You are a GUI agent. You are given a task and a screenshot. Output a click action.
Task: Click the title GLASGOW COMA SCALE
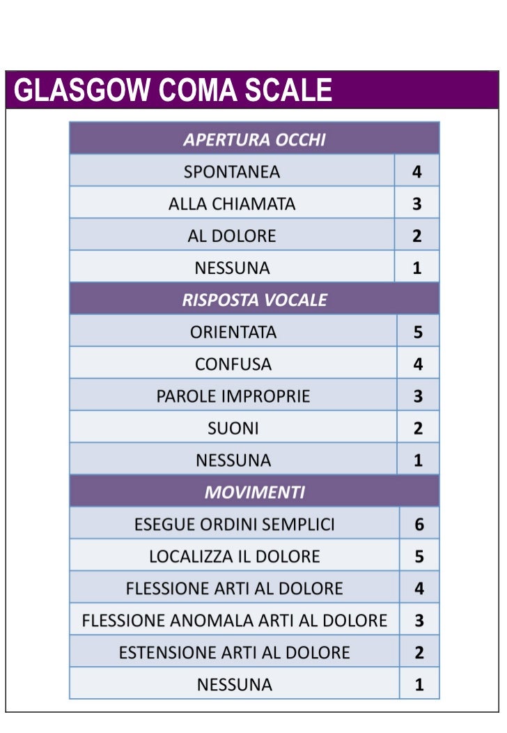tap(173, 91)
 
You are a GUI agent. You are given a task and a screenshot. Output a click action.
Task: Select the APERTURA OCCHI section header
tap(254, 139)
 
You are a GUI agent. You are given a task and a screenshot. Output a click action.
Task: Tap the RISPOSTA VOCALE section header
tap(254, 300)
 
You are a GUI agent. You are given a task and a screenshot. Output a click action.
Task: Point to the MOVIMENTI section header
tap(254, 492)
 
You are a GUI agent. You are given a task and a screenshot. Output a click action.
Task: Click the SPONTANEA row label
tap(232, 171)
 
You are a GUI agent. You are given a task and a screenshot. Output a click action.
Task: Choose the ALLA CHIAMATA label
tap(232, 204)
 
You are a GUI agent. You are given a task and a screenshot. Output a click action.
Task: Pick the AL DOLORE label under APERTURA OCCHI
tap(232, 236)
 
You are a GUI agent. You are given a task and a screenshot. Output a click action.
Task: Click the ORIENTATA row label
tap(233, 332)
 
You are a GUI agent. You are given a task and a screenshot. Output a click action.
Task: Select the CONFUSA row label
tap(233, 364)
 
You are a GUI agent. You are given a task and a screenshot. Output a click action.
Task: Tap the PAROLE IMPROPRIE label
tap(233, 396)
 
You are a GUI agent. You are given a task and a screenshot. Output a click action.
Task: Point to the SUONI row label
tap(233, 428)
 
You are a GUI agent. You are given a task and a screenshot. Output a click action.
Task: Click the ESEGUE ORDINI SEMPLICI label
tap(235, 524)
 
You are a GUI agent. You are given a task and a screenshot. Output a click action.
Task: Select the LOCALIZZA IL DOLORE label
tap(235, 556)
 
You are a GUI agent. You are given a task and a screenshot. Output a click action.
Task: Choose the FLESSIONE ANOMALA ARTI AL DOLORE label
tap(235, 620)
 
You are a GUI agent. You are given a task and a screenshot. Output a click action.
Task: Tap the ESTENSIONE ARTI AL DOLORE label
tap(235, 653)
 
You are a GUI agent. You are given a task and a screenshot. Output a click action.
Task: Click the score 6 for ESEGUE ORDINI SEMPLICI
tap(419, 524)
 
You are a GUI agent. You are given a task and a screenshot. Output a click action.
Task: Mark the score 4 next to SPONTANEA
tap(416, 171)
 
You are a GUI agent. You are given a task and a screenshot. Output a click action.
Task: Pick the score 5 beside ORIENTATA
tap(418, 332)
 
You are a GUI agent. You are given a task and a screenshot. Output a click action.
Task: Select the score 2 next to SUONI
tap(418, 428)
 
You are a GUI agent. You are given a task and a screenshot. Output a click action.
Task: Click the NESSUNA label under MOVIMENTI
tap(235, 685)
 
